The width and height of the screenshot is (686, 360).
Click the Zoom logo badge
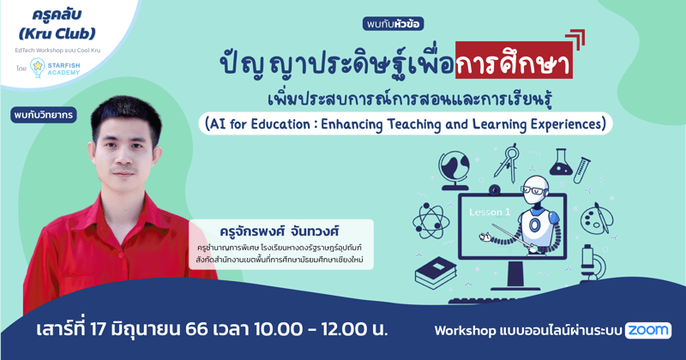(x=647, y=330)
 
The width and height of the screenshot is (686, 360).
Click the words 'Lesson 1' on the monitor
(x=490, y=212)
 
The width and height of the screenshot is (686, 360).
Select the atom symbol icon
(x=430, y=220)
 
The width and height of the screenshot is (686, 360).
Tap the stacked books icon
(x=439, y=273)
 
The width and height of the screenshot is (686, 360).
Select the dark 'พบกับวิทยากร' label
(x=43, y=115)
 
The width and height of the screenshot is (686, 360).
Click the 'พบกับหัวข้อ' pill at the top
(x=393, y=24)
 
